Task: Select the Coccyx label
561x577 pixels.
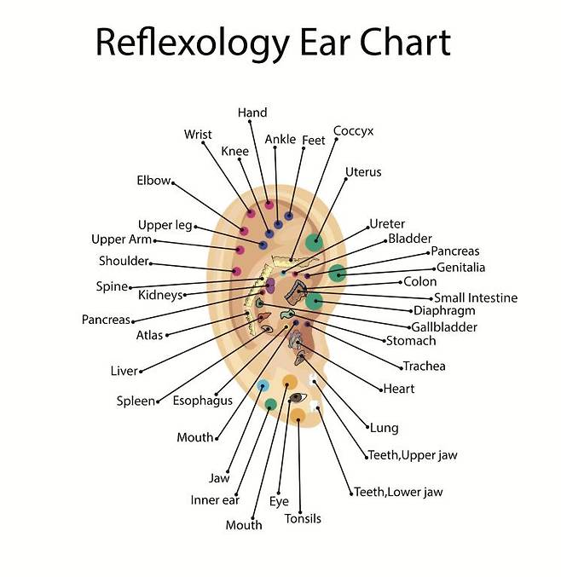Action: pos(353,130)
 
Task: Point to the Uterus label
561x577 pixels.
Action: pos(363,172)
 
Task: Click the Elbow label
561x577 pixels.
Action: pos(153,181)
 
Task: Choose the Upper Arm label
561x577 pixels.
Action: pos(121,239)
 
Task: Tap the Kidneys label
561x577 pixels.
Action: pos(160,295)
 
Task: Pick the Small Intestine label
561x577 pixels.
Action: pos(475,297)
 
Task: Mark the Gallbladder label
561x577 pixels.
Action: pos(444,326)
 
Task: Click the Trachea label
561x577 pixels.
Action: pos(425,366)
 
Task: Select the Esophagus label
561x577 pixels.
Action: pos(203,401)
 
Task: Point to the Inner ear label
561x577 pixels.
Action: pos(215,500)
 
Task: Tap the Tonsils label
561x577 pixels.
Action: pos(303,518)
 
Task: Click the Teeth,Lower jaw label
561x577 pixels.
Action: pos(398,492)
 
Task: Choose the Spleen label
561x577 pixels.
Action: pos(136,401)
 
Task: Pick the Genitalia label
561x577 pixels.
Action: pos(460,267)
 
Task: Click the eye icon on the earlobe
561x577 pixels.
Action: pos(298,397)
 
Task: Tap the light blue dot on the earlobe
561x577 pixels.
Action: pos(263,385)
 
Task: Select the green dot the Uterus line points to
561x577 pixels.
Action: pos(315,241)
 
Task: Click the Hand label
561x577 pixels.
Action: pos(252,113)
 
